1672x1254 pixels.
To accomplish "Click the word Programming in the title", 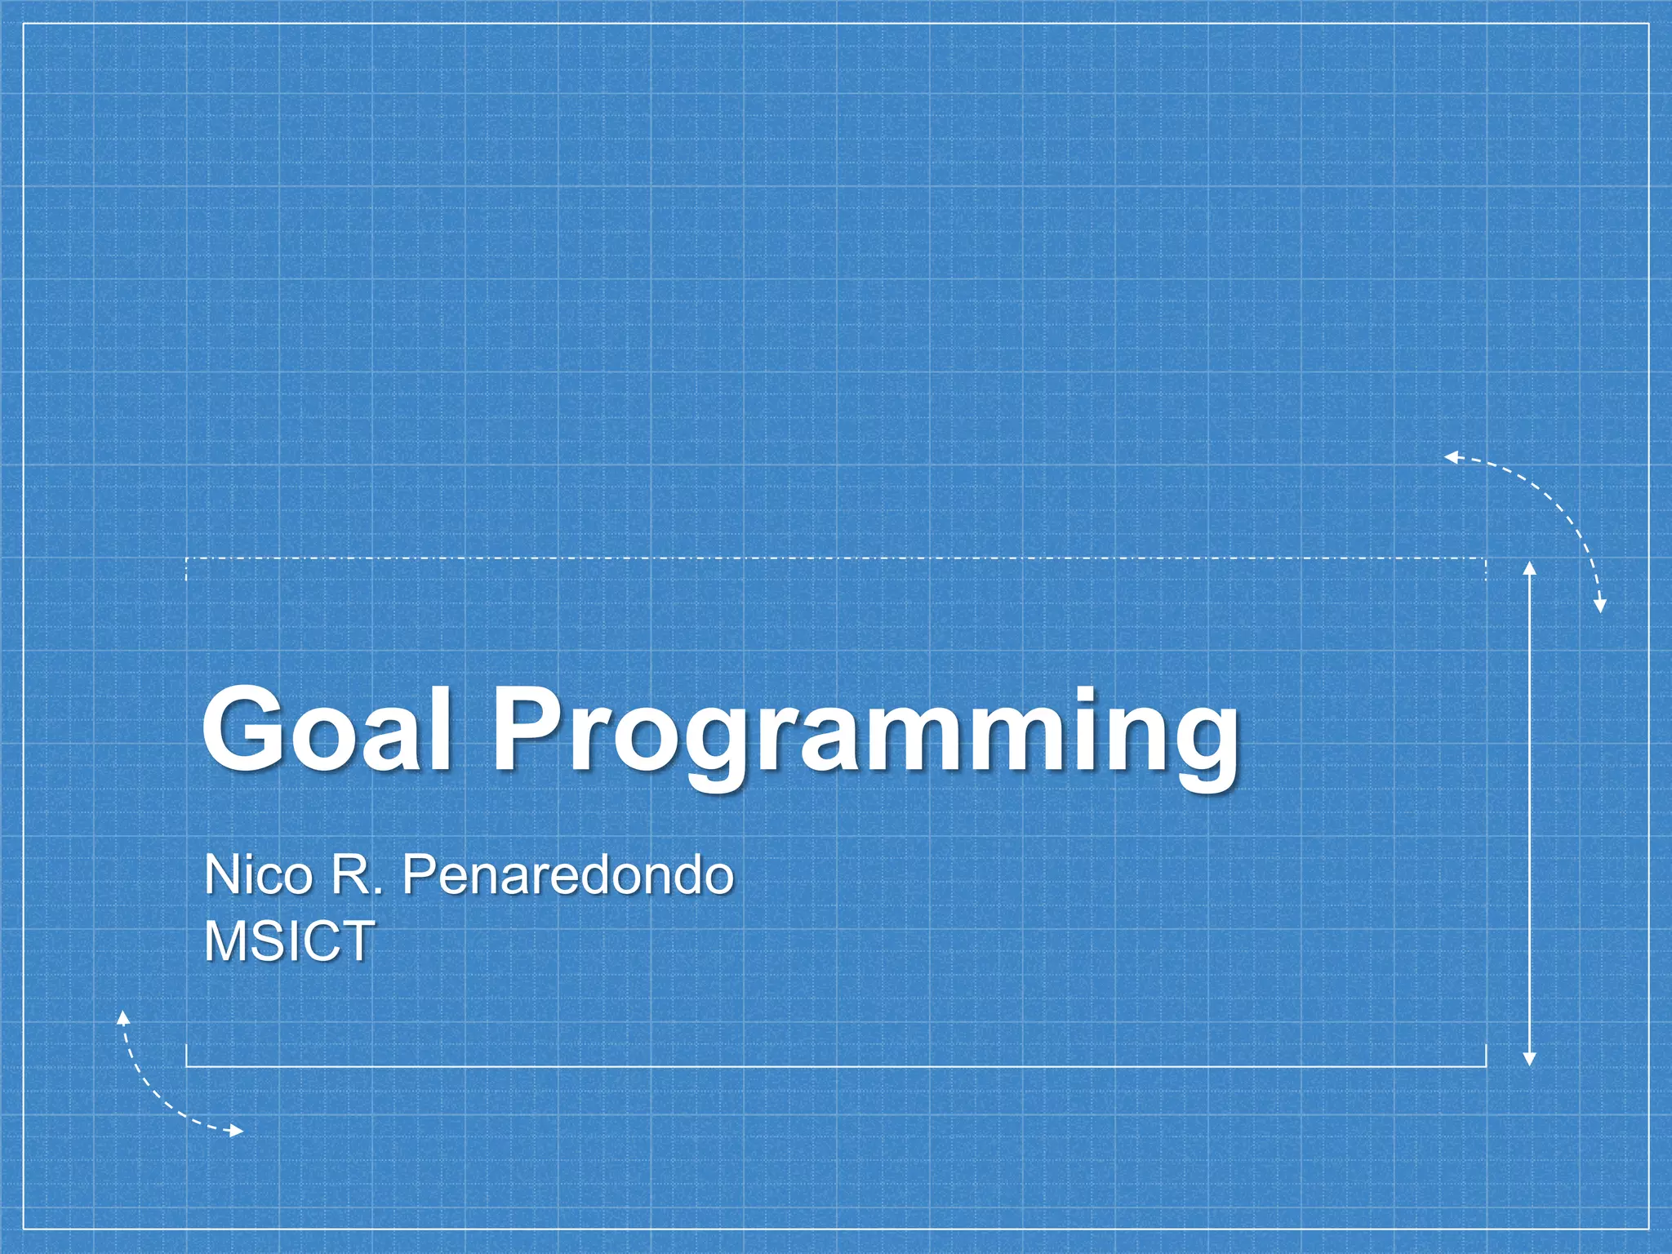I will coord(865,735).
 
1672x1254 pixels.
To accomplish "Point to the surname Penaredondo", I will coord(567,875).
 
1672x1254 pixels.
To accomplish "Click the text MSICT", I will coord(290,941).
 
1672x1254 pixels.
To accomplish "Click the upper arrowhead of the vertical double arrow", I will coord(1530,567).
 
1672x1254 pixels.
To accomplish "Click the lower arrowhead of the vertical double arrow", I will coord(1530,1060).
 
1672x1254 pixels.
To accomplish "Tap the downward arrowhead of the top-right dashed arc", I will coord(1600,606).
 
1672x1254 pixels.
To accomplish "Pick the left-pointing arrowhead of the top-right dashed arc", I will coord(1451,457).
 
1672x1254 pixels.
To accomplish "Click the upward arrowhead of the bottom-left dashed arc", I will coord(123,1016).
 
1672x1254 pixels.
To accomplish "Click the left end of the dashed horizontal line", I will coord(187,559).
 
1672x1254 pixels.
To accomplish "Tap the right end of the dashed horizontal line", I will coord(1485,559).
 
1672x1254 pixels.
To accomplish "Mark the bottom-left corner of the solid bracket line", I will coord(187,1066).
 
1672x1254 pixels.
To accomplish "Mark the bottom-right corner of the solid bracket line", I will coord(1485,1066).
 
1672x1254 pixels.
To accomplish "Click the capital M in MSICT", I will coord(224,941).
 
